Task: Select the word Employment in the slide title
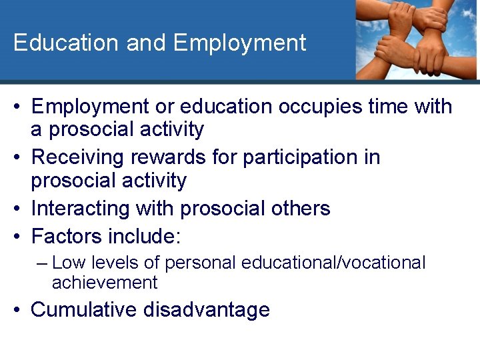point(239,43)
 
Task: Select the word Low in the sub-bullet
point(67,263)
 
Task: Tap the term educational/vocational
point(333,263)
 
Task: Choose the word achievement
point(105,283)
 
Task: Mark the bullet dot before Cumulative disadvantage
point(19,310)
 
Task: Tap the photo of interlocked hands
point(416,40)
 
